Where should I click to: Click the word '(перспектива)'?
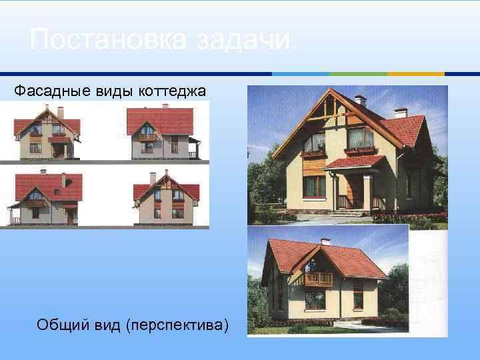coord(179,325)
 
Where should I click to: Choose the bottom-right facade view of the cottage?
coord(167,198)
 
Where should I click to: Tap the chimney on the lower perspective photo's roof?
coord(325,241)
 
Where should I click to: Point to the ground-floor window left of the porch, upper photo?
coord(314,187)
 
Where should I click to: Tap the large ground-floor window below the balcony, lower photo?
coord(315,300)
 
